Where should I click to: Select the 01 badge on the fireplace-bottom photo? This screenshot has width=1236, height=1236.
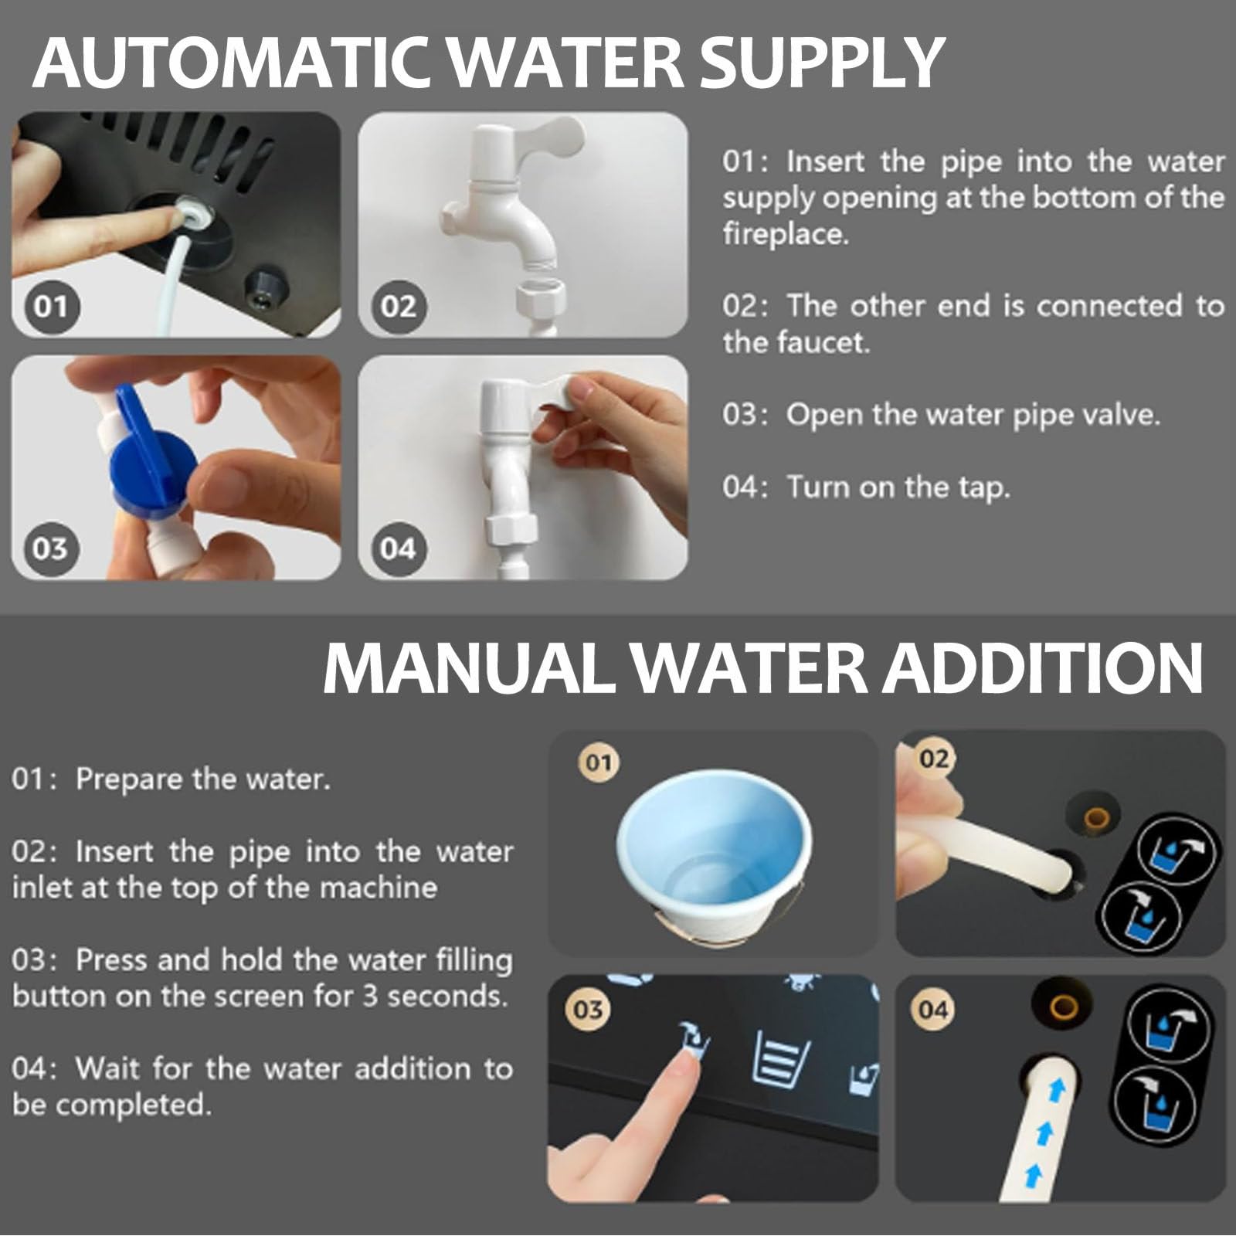[51, 307]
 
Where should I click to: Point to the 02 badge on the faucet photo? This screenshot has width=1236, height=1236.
[399, 307]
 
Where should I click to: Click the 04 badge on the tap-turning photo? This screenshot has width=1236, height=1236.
[398, 548]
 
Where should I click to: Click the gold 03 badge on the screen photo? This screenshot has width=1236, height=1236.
[589, 1010]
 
